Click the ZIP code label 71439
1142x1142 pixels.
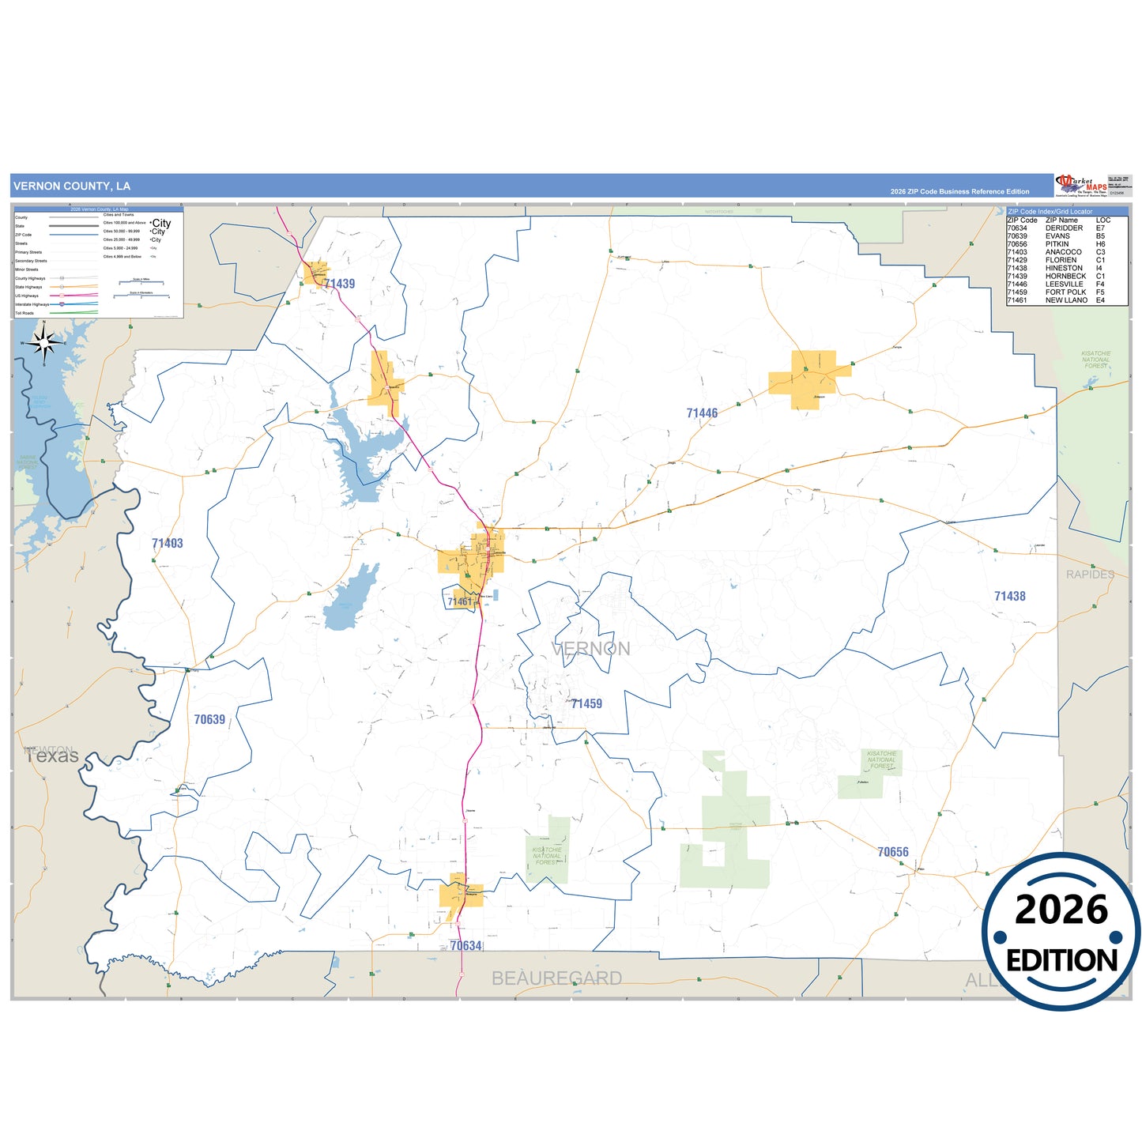tap(340, 284)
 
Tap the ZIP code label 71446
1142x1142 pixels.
tap(702, 413)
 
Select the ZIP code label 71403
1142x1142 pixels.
tap(168, 543)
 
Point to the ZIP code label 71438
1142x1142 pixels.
tap(1009, 596)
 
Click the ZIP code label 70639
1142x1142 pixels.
tap(209, 719)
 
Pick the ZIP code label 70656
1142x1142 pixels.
tap(892, 852)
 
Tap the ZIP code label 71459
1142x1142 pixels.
tap(586, 703)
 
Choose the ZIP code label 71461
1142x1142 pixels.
tap(459, 602)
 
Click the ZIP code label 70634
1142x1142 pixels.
tap(465, 946)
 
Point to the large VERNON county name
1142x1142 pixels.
tap(591, 649)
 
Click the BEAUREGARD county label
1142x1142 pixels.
tap(556, 978)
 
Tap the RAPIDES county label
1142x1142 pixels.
tap(1090, 575)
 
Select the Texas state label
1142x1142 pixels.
tap(52, 756)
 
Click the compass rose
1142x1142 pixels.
tap(44, 343)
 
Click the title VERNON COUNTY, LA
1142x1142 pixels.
tap(72, 187)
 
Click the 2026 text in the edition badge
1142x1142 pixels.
tap(1061, 910)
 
